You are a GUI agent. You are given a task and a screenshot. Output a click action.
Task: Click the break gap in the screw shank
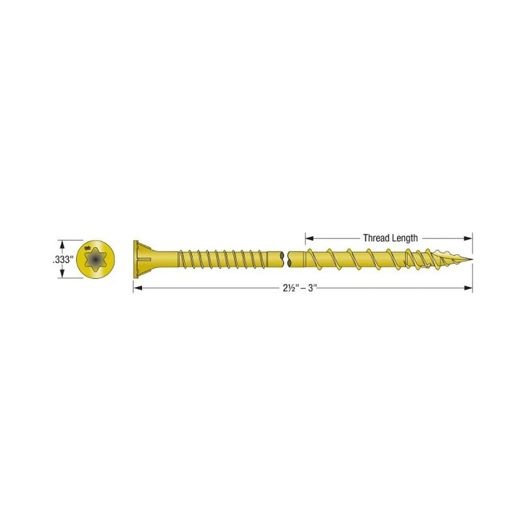click(286, 260)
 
